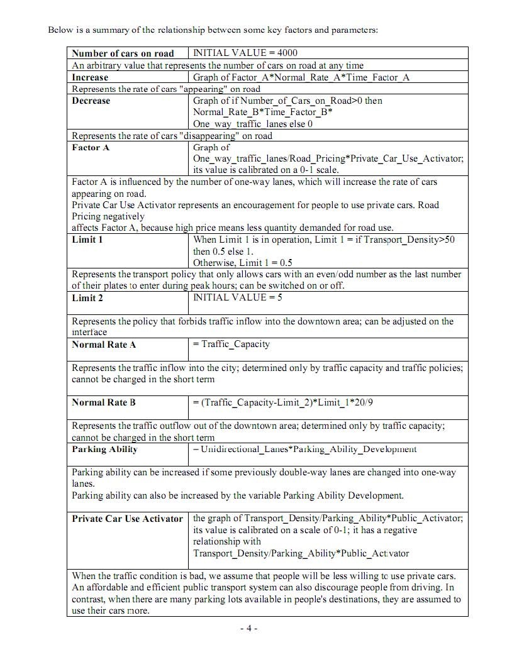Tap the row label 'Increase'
coord(90,77)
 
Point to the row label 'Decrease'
coord(91,101)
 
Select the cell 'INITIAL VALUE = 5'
coord(238,297)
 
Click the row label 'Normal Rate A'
coord(104,345)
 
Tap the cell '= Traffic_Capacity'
coord(231,344)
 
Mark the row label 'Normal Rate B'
coord(104,402)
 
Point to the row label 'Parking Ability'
coord(104,449)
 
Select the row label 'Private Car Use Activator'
coord(127,519)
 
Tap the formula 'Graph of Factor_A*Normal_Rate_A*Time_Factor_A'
coord(301,77)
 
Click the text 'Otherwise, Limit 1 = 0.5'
coord(243,263)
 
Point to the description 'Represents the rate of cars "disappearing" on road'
coord(172,135)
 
